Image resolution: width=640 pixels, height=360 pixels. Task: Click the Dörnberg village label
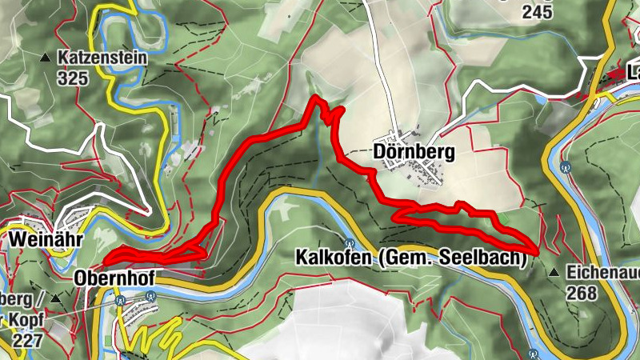point(414,151)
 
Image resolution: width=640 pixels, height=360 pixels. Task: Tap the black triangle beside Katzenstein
point(44,58)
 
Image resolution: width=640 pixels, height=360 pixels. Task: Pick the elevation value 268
point(582,293)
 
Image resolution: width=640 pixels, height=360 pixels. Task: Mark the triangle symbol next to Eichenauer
point(553,273)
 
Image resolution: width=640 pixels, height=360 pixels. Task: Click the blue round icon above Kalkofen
point(349,243)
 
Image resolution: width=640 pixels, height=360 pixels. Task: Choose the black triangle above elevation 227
point(55,298)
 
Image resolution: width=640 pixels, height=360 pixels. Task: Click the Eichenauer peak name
point(603,273)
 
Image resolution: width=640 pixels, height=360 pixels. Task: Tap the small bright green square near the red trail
point(503,218)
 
